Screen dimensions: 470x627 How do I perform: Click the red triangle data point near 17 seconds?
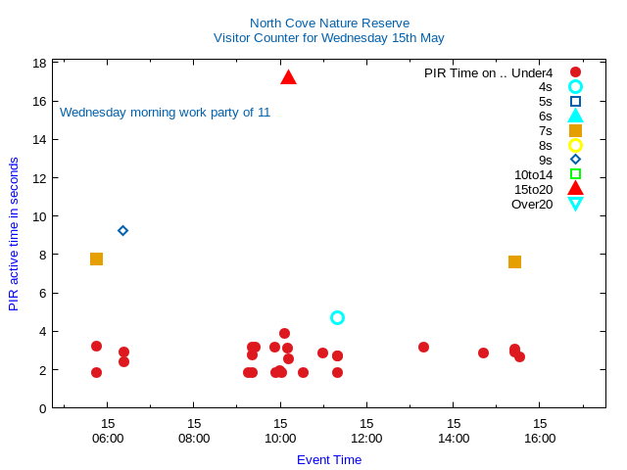pos(288,77)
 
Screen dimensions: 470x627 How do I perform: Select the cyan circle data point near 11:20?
pos(337,317)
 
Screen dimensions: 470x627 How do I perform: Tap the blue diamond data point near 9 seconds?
pos(122,230)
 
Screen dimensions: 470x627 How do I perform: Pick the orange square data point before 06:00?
pos(96,258)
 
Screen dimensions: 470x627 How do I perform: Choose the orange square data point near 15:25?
pos(514,261)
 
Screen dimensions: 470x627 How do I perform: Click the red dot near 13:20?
pos(423,347)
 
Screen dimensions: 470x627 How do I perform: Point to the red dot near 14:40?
pos(483,352)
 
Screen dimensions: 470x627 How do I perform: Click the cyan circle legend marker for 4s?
pos(575,86)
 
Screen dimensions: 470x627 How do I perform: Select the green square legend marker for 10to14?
pos(575,174)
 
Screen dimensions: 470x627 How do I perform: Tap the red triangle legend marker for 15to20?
pos(575,189)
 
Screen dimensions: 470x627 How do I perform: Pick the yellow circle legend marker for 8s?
pos(575,145)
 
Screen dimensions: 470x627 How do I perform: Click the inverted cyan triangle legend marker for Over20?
pos(575,204)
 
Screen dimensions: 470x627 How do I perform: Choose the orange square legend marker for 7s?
pos(575,130)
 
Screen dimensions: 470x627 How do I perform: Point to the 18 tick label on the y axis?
pos(40,63)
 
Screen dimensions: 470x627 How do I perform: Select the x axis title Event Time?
pos(329,459)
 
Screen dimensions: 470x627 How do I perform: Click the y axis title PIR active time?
pos(14,235)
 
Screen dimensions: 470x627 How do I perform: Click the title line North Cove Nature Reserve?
pos(329,23)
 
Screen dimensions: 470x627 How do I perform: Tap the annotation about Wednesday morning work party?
pos(165,112)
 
